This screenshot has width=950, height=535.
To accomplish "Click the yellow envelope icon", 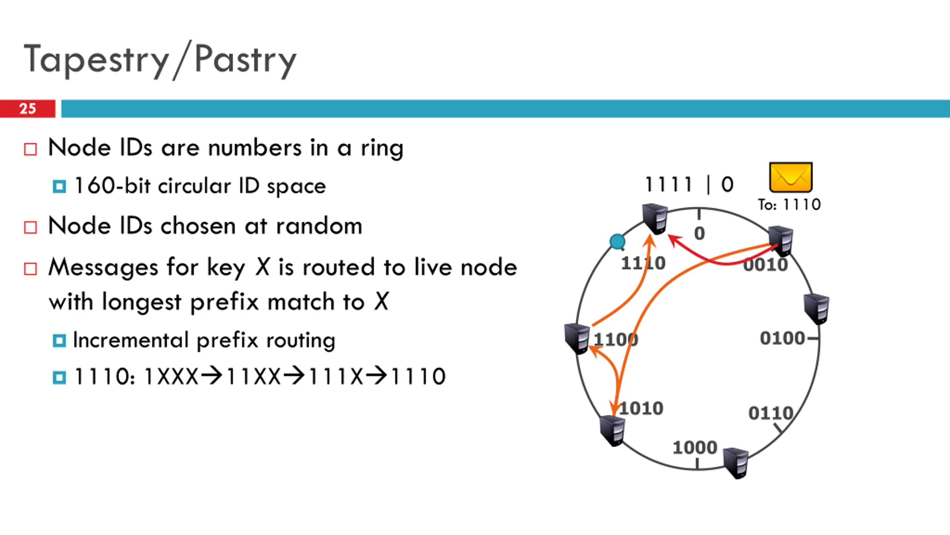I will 791,177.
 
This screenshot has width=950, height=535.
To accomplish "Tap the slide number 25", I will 27,108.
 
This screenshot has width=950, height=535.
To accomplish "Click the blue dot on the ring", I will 617,241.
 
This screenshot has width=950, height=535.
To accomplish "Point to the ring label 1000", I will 695,447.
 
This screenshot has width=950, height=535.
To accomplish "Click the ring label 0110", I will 771,413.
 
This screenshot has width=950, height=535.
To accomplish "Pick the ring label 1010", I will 641,408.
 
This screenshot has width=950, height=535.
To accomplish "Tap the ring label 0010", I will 766,265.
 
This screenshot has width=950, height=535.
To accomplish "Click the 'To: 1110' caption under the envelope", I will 789,204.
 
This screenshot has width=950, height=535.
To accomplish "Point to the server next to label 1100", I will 577,338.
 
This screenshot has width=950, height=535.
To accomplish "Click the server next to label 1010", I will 612,430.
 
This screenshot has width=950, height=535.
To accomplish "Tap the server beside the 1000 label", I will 736,463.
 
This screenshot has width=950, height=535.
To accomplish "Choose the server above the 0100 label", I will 816,308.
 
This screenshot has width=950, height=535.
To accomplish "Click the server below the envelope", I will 781,241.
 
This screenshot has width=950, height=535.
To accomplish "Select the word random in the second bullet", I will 319,226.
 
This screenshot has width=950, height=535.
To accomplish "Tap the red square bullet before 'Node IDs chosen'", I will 30,227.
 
